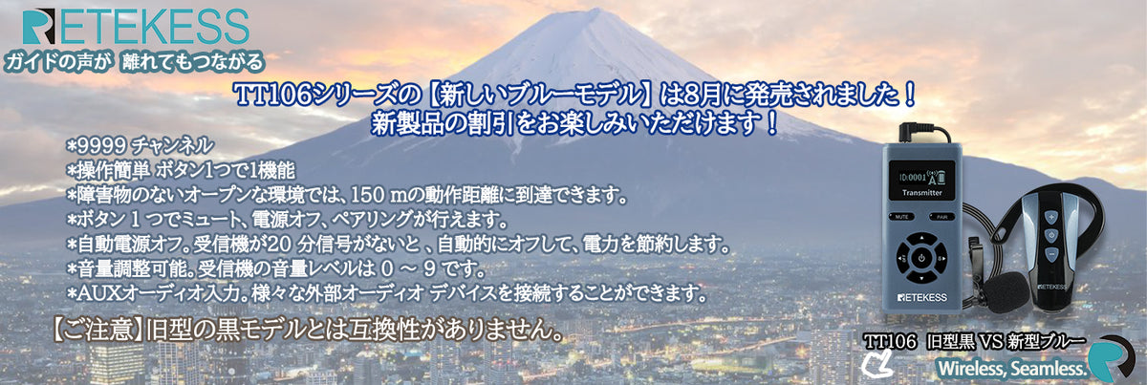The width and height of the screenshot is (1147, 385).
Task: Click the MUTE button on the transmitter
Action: (901, 217)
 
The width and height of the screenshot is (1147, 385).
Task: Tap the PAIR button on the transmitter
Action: (941, 217)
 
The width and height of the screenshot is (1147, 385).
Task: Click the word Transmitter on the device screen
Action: (921, 193)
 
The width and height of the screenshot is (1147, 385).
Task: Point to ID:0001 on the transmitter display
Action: (913, 178)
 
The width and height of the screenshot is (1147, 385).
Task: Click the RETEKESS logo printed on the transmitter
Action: (922, 297)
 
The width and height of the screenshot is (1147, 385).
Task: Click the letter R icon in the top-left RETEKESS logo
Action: (38, 27)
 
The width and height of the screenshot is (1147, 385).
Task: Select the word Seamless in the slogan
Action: (1043, 368)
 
